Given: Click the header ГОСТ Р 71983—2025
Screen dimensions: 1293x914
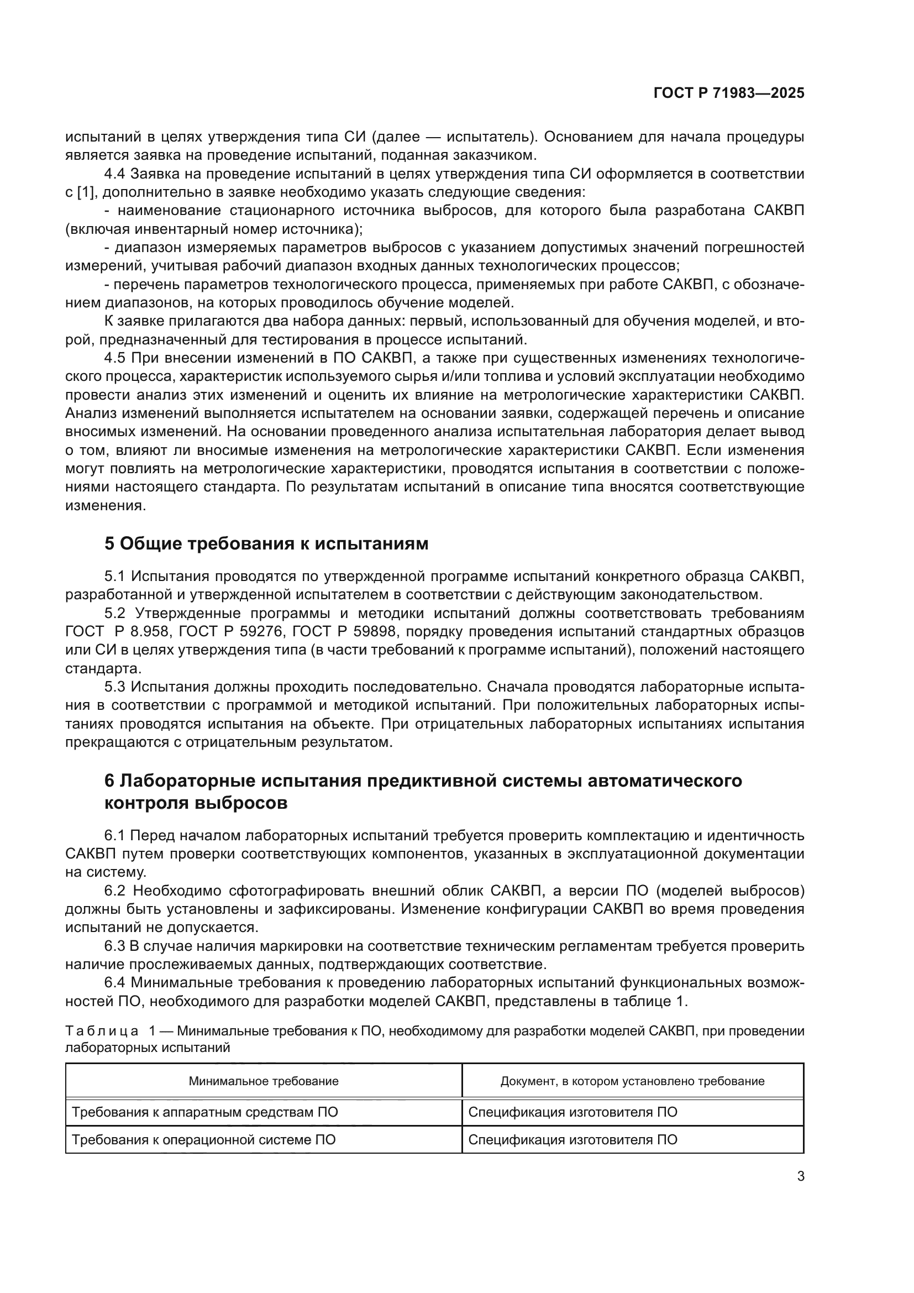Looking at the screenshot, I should click(x=728, y=93).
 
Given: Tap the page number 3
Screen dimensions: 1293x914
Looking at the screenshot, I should click(x=800, y=1176).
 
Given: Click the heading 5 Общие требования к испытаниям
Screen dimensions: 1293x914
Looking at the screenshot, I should click(x=266, y=543).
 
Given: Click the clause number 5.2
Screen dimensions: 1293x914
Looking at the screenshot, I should click(x=116, y=613).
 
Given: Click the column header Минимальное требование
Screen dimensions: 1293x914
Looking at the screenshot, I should click(x=264, y=1081).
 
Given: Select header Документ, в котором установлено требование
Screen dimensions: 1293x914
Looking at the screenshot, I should click(x=632, y=1081).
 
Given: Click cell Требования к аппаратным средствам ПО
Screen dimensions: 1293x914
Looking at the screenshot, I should click(x=204, y=1112).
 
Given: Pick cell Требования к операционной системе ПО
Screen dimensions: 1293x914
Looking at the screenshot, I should click(x=203, y=1140).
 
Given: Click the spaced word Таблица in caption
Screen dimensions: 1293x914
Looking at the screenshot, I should click(x=102, y=1031).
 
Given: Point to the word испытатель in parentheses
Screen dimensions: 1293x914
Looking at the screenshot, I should click(x=487, y=137).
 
